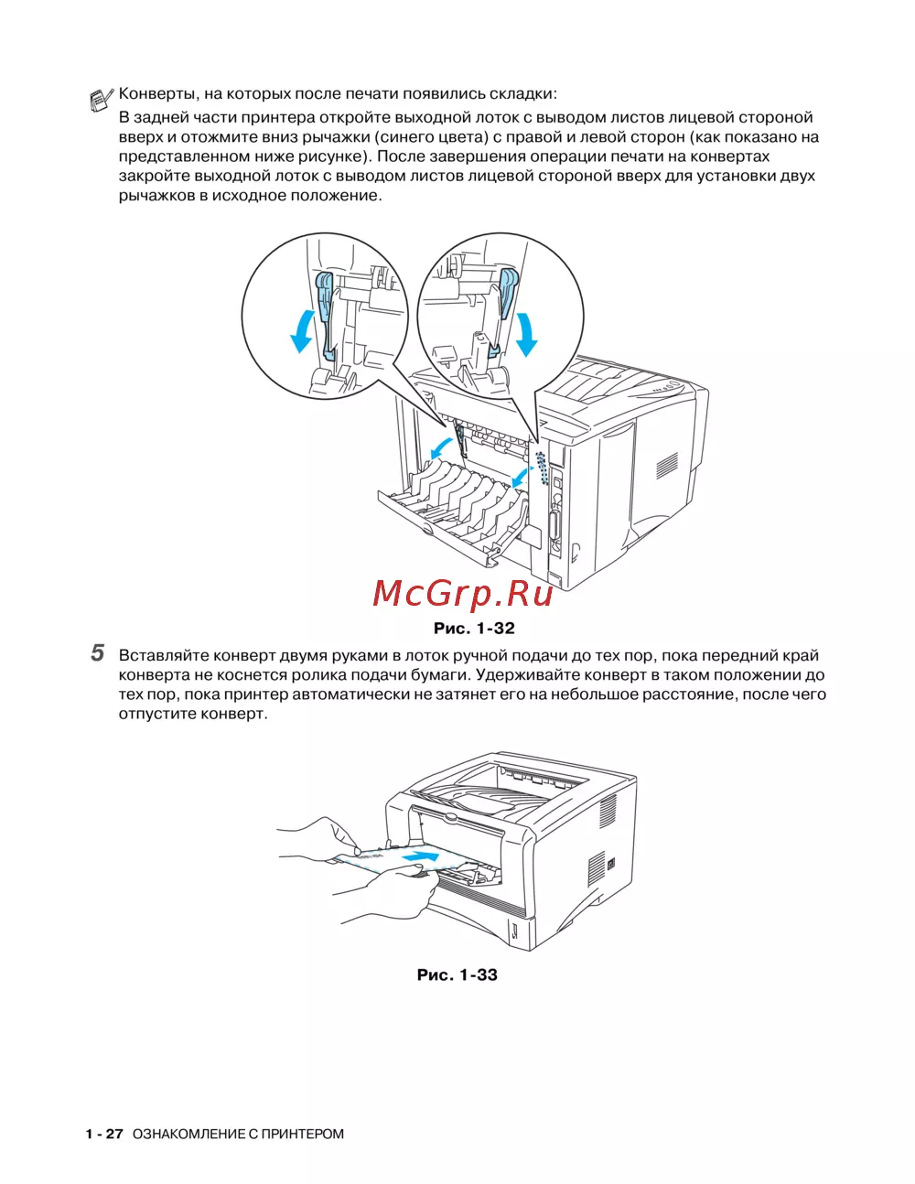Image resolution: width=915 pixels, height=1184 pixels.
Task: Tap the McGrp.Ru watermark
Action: pos(463,594)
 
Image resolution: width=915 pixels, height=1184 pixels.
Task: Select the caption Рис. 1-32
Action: pos(473,629)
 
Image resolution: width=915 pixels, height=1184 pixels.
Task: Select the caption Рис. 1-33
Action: pos(457,975)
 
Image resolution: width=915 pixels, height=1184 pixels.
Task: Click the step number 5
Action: pos(98,654)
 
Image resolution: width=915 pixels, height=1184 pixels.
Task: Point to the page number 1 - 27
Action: pos(104,1134)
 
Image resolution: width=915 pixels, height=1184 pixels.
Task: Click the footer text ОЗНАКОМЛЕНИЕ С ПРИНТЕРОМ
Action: pos(238,1134)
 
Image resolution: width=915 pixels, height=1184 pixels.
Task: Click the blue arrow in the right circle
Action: pos(526,334)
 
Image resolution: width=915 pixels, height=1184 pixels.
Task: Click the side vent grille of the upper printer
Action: pos(666,465)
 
